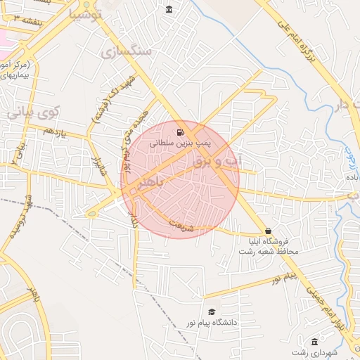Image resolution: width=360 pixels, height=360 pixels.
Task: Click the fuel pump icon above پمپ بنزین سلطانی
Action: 181,131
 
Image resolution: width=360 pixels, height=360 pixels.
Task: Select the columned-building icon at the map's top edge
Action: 169,9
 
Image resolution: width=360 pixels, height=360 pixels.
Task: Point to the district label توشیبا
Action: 88,14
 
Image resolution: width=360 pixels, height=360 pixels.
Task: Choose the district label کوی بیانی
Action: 34,112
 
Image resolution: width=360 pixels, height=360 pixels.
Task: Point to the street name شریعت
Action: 179,225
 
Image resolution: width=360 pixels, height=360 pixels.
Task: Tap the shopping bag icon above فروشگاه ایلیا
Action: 268,231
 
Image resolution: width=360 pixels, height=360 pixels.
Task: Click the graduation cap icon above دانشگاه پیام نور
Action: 212,312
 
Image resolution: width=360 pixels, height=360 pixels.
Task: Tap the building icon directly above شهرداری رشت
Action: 314,341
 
